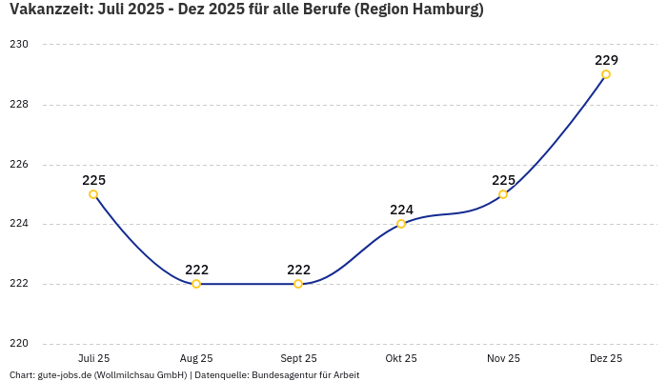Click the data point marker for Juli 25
[93, 194]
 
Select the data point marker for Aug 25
[196, 284]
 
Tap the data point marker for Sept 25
[298, 284]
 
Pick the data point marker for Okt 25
[401, 224]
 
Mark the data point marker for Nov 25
[503, 194]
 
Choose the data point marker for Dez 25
[606, 74]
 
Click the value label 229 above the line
[606, 60]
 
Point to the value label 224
[401, 210]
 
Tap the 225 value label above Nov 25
[503, 180]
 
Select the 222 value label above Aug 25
[196, 270]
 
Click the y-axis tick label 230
[20, 45]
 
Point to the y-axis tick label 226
[20, 165]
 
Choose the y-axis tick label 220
[20, 344]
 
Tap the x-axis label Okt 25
[401, 358]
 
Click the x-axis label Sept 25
[298, 358]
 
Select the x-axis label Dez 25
[606, 358]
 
